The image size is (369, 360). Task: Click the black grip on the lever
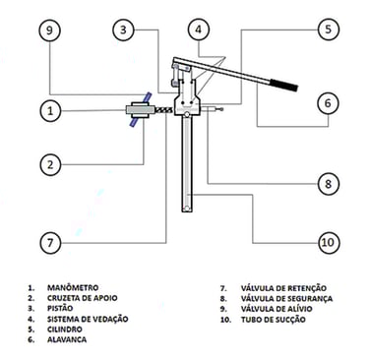pyautogui.click(x=284, y=85)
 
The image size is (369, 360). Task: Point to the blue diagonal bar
pyautogui.click(x=140, y=109)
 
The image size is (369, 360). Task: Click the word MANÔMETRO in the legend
pyautogui.click(x=73, y=287)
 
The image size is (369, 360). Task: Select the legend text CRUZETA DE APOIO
pyautogui.click(x=82, y=298)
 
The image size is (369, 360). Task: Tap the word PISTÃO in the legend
pyautogui.click(x=60, y=308)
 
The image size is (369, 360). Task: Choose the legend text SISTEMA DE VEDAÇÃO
pyautogui.click(x=88, y=319)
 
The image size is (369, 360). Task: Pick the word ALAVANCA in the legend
pyautogui.click(x=67, y=339)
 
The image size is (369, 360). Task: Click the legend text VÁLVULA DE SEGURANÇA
pyautogui.click(x=286, y=298)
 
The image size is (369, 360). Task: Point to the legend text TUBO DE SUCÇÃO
pyautogui.click(x=274, y=320)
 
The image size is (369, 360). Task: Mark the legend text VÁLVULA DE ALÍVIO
pyautogui.click(x=277, y=309)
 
